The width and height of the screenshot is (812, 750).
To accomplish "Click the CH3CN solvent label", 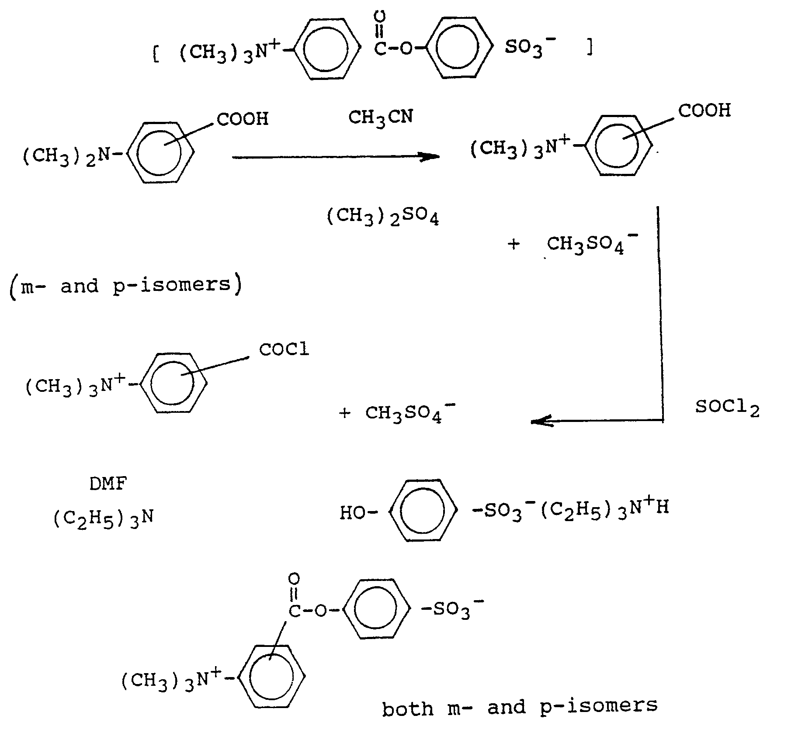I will pyautogui.click(x=380, y=118).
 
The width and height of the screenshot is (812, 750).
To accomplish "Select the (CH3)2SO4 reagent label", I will pyautogui.click(x=383, y=217).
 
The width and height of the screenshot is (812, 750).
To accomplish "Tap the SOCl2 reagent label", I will pyautogui.click(x=727, y=408).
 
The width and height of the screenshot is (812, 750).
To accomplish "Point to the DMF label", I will pyautogui.click(x=108, y=484).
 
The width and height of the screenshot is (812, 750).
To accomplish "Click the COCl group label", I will pyautogui.click(x=284, y=349).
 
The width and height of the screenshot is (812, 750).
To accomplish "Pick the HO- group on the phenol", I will pyautogui.click(x=357, y=513).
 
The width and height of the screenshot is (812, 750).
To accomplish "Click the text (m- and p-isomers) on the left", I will pyautogui.click(x=125, y=286).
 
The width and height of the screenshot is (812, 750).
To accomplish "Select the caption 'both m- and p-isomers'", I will pyautogui.click(x=520, y=706).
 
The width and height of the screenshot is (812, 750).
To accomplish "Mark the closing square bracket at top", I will pyautogui.click(x=590, y=49).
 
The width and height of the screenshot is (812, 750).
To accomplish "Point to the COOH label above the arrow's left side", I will pyautogui.click(x=243, y=119).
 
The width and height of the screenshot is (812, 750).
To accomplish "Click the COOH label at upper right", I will pyautogui.click(x=704, y=111).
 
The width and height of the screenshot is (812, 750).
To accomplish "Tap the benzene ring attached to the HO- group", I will pyautogui.click(x=423, y=511).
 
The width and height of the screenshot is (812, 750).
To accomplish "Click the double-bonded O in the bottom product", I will pyautogui.click(x=294, y=580).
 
